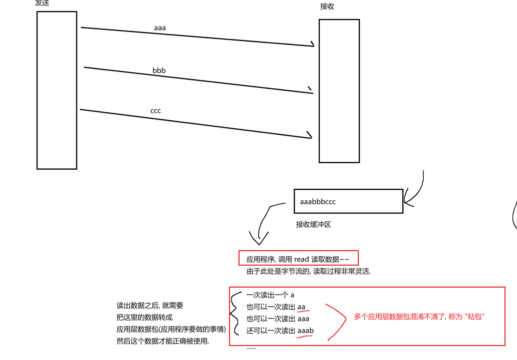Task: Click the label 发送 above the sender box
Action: (x=42, y=3)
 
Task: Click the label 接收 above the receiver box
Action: (x=327, y=6)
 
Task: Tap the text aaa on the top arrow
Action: (x=160, y=28)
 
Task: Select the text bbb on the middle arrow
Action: (x=159, y=70)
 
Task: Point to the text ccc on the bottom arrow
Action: (x=156, y=111)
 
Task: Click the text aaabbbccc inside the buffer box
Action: (x=318, y=202)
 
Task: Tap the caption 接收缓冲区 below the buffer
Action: (x=313, y=225)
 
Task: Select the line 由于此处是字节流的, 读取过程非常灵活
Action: (x=308, y=272)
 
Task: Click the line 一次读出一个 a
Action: (x=270, y=295)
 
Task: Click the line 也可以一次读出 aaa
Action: (x=277, y=319)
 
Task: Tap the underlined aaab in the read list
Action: (x=305, y=331)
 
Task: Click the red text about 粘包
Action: (x=419, y=317)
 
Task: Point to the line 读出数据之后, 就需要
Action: (x=150, y=306)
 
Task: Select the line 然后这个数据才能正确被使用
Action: (x=163, y=342)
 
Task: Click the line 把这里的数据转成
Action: (x=144, y=318)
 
